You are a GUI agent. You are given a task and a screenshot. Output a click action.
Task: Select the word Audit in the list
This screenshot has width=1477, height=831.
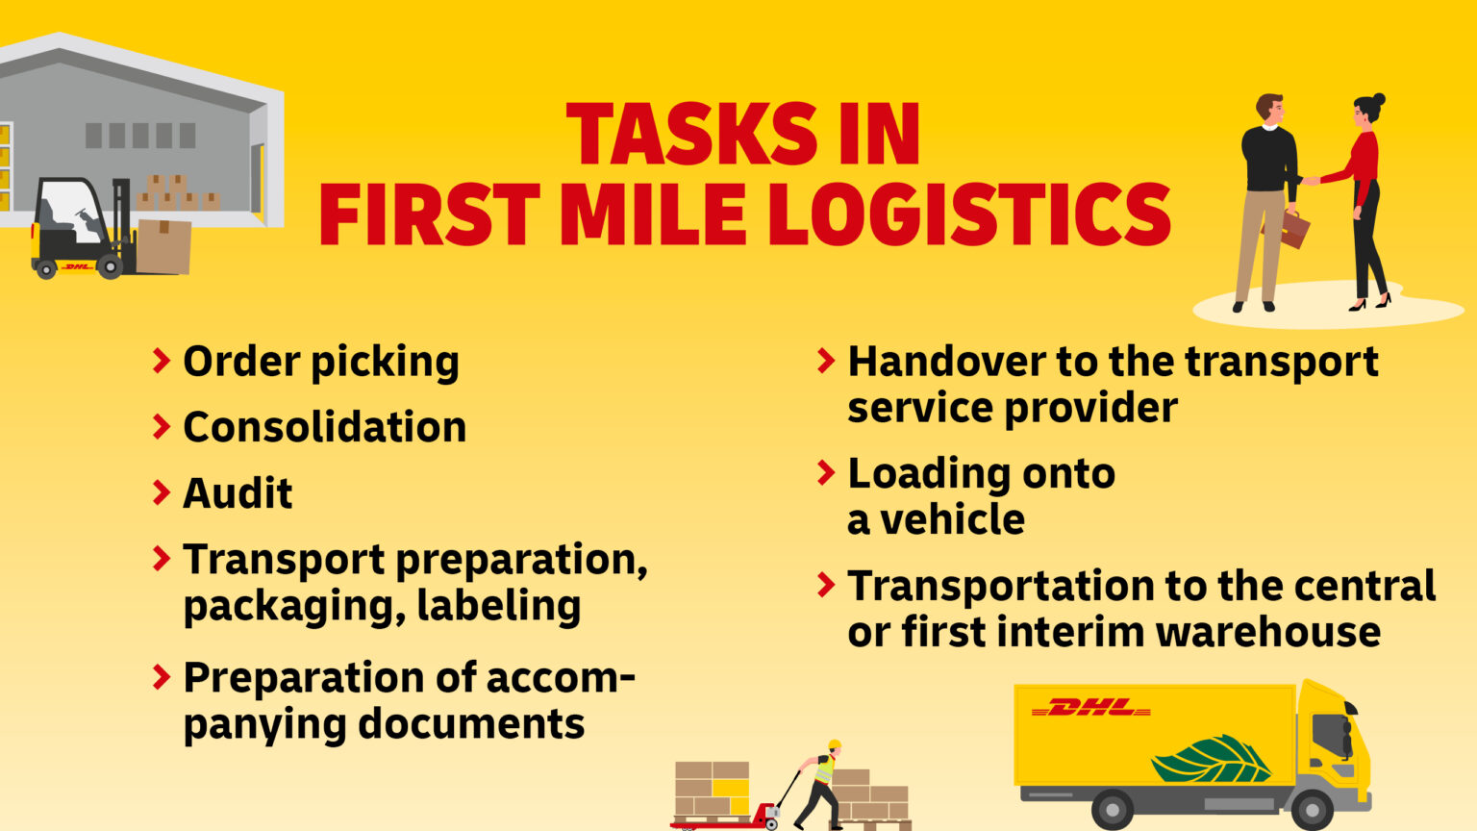[238, 493]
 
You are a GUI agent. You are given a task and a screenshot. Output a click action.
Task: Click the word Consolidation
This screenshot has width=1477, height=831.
[324, 427]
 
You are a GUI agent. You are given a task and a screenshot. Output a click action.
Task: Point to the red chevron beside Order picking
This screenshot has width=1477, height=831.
[162, 362]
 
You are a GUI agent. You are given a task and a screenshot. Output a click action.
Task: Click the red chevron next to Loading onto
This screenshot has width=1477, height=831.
[826, 472]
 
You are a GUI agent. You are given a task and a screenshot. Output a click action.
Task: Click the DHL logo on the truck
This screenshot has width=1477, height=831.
[1090, 709]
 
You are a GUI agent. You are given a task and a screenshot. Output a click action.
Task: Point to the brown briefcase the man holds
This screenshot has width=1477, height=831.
[1291, 229]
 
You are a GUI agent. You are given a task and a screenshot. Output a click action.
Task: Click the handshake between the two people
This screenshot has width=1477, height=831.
[1310, 180]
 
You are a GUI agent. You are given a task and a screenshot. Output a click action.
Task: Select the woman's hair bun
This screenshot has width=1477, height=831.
[1379, 100]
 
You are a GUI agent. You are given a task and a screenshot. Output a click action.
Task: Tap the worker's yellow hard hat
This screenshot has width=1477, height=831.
[834, 744]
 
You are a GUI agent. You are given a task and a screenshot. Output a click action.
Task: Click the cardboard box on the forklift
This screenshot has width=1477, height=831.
[163, 246]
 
